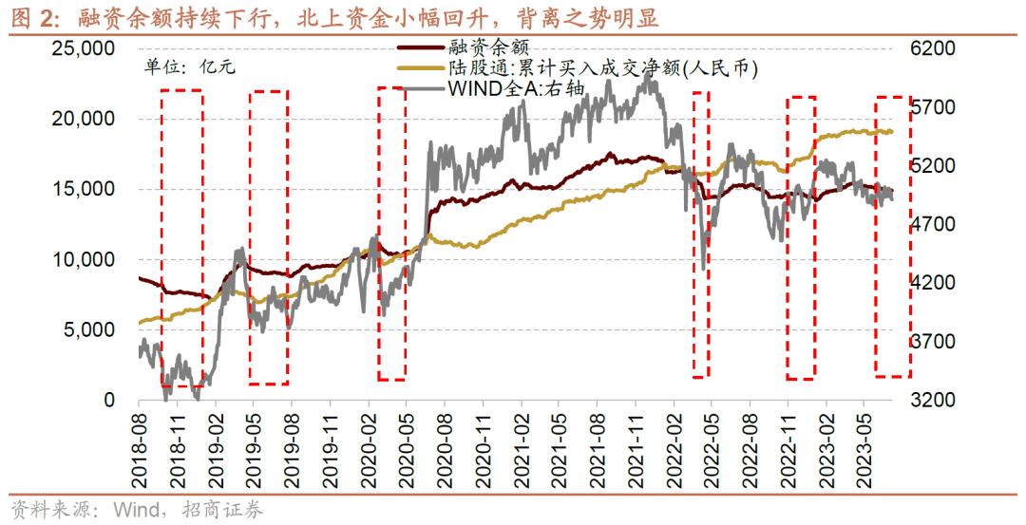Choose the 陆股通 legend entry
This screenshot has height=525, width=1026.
(589, 68)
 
